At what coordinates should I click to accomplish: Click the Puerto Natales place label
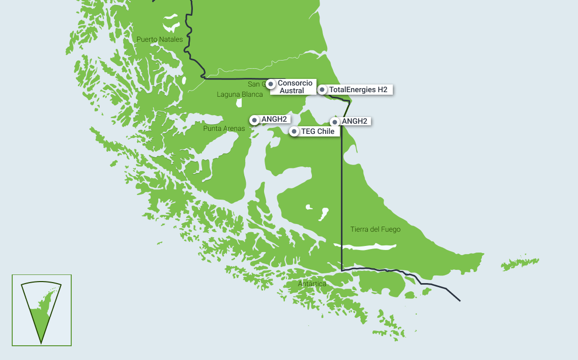(159, 39)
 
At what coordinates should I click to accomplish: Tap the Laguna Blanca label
(240, 94)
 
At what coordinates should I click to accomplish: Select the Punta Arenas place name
(224, 129)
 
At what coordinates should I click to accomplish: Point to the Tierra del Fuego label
(375, 230)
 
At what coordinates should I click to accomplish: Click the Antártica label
(312, 284)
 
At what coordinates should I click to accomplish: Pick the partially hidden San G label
(256, 84)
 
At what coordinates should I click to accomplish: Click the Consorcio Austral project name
(295, 87)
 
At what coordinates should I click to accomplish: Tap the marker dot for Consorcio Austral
(271, 84)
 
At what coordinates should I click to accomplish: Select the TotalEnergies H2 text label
(358, 90)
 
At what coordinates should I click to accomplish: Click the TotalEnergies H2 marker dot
(322, 90)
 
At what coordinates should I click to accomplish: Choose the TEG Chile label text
(317, 131)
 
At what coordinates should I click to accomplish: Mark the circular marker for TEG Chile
(294, 131)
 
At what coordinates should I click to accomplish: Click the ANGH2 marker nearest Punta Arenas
(254, 120)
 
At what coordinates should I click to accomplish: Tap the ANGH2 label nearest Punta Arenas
(274, 120)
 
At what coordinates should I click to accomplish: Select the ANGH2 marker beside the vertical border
(334, 122)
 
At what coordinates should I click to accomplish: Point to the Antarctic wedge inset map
(41, 310)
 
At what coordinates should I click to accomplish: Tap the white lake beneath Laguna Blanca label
(239, 103)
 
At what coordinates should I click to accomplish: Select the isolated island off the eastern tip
(519, 264)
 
